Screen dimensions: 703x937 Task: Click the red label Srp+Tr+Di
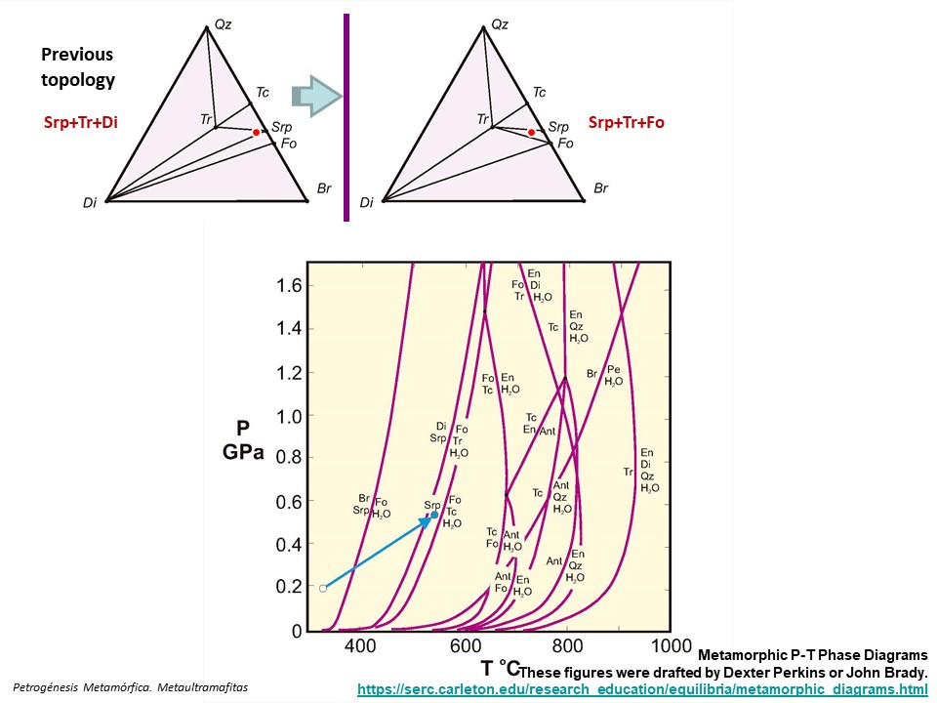pos(74,123)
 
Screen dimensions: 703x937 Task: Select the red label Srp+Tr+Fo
pos(626,123)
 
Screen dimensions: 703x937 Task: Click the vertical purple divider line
pos(346,117)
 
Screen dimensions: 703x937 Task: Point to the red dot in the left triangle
pos(257,132)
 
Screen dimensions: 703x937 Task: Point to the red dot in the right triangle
pos(531,132)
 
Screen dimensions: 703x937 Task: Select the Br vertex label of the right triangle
pos(601,188)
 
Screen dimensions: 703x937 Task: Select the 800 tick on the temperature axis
pos(566,646)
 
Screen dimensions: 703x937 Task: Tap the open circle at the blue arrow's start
pos(323,588)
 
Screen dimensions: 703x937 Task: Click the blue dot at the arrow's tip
pos(434,515)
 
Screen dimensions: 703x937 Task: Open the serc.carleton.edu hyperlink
pos(641,689)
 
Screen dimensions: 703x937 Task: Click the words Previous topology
pos(77,66)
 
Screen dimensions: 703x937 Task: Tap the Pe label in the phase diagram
pos(614,370)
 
